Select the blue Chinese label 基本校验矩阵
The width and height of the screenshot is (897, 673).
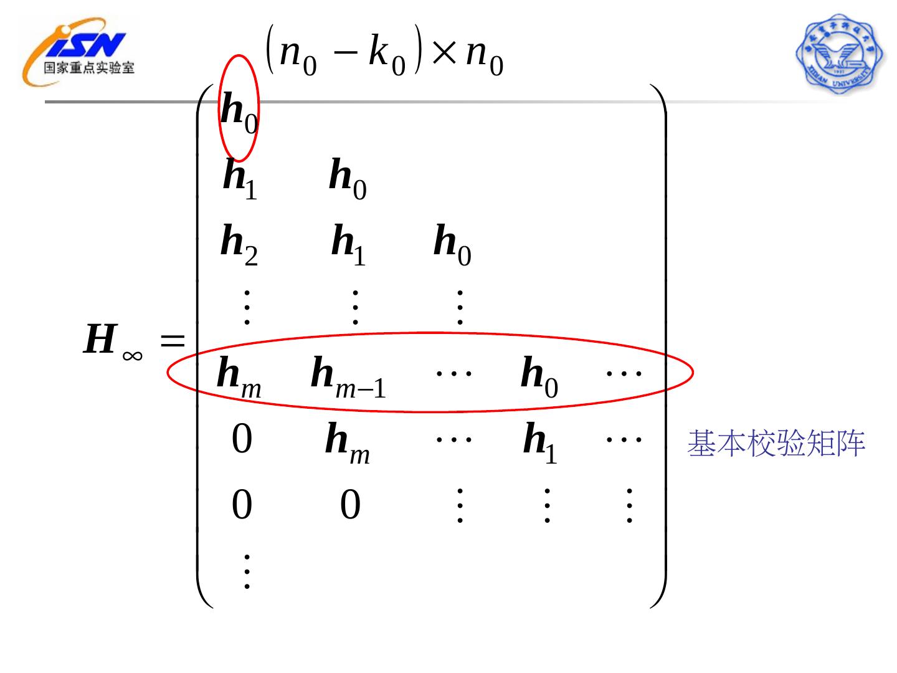pyautogui.click(x=776, y=444)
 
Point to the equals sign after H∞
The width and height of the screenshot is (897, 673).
pyautogui.click(x=173, y=340)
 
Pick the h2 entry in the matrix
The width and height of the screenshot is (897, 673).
pyautogui.click(x=239, y=244)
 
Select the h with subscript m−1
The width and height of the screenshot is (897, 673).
pyautogui.click(x=348, y=376)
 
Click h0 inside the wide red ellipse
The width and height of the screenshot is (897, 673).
pyautogui.click(x=539, y=376)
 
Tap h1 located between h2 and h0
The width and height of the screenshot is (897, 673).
pyautogui.click(x=348, y=244)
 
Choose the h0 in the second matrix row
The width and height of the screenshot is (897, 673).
pyautogui.click(x=348, y=178)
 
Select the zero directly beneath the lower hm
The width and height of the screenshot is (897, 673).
pyautogui.click(x=350, y=505)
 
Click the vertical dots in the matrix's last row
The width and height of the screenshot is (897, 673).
pyautogui.click(x=247, y=570)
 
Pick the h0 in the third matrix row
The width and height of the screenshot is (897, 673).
pyautogui.click(x=452, y=244)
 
